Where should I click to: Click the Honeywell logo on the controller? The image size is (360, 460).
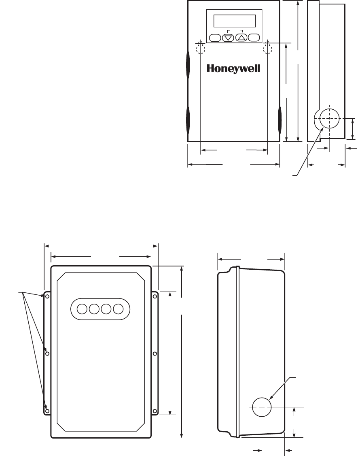[x=233, y=68]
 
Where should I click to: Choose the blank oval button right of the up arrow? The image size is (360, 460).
[x=254, y=38]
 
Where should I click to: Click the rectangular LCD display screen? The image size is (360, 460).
[x=235, y=21]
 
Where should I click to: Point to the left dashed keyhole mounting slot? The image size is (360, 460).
[x=201, y=48]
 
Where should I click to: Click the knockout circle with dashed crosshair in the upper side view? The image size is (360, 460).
[x=329, y=119]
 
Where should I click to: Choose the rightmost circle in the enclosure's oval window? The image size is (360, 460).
[x=118, y=309]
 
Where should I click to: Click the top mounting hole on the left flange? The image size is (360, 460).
[x=47, y=296]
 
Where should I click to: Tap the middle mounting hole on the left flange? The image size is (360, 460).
[x=47, y=354]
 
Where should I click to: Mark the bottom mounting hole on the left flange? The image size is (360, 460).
[x=47, y=411]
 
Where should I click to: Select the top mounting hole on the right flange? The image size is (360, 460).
[x=155, y=296]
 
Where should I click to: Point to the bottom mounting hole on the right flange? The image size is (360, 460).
[x=155, y=411]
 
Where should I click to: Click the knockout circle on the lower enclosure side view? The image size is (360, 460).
[x=262, y=406]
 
